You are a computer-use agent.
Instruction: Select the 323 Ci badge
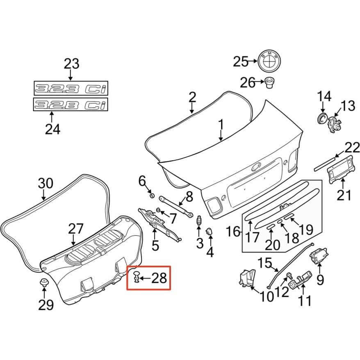[x=71, y=88]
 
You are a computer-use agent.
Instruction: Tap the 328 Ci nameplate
[x=71, y=105]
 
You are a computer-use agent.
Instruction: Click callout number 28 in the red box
[x=159, y=278]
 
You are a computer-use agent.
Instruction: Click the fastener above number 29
[x=44, y=282]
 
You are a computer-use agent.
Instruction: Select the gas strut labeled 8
[x=175, y=206]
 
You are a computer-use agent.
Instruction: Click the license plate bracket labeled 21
[x=340, y=169]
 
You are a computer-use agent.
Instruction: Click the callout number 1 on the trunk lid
[x=221, y=125]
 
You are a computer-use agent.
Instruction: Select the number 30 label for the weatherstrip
[x=46, y=183]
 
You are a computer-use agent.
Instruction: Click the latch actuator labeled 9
[x=319, y=255]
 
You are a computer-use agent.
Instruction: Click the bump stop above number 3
[x=199, y=221]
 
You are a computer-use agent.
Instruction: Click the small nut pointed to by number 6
[x=152, y=196]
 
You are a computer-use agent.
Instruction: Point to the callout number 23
[x=71, y=64]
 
